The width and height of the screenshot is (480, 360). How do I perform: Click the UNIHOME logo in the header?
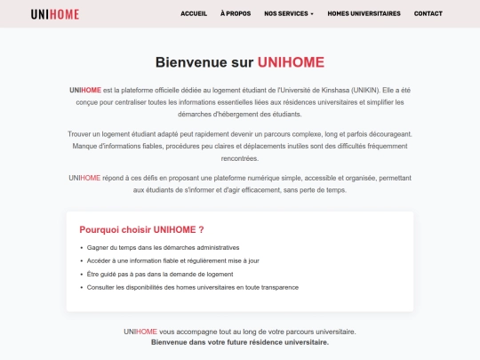coord(55,14)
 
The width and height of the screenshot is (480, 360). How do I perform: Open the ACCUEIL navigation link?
coord(194,14)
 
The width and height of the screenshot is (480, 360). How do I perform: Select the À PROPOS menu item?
coord(236,14)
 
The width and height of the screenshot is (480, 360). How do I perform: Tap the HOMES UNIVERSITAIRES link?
coord(364,14)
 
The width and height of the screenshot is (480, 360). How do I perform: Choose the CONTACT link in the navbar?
coord(428,14)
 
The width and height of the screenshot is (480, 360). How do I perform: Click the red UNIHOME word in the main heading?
coord(291,62)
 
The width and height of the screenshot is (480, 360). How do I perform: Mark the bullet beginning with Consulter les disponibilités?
coord(192,287)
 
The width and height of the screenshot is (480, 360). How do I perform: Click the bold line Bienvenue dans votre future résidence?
coord(240,342)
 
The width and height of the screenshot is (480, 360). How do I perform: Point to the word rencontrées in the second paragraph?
coord(240,158)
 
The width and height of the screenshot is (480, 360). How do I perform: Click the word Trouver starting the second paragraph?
coord(80,133)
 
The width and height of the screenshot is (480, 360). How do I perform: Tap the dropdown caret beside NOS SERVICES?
coord(312,14)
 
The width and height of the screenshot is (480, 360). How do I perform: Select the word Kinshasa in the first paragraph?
coord(330,91)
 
